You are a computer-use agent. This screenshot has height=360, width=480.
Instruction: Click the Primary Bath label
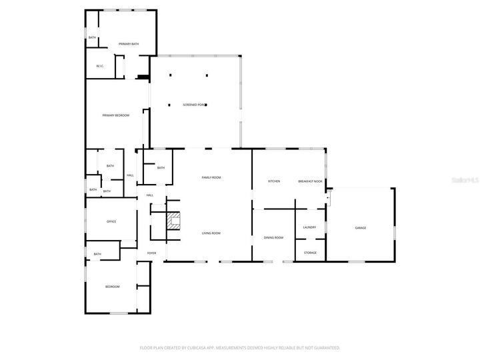(129, 44)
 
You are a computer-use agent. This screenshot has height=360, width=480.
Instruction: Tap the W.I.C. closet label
(99, 66)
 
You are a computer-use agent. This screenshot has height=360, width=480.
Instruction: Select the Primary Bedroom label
(115, 115)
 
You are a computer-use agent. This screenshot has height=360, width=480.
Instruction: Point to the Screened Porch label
(195, 105)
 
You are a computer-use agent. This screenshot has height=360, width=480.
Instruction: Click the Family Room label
(211, 177)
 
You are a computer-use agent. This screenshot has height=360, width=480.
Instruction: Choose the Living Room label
(211, 233)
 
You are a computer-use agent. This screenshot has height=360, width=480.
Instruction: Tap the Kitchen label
(274, 181)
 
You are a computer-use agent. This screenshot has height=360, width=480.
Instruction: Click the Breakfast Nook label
(310, 181)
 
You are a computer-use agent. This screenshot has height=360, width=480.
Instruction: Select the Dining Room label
(273, 238)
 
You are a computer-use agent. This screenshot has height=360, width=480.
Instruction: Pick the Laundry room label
(309, 227)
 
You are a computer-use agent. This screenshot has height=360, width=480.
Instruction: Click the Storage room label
(310, 253)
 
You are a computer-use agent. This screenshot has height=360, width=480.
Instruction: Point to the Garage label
(360, 228)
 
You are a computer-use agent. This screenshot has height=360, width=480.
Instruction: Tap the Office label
(111, 221)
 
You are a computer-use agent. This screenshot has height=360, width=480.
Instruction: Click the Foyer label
(151, 253)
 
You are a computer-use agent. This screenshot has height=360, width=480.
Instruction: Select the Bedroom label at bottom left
(112, 287)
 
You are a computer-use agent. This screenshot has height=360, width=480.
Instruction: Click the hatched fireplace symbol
(173, 221)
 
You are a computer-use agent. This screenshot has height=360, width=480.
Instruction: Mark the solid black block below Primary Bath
(142, 77)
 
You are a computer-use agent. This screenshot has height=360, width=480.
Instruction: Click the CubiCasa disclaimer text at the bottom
(240, 347)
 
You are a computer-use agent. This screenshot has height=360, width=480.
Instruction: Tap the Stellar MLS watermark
(465, 179)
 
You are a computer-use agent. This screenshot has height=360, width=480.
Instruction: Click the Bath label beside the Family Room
(161, 168)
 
